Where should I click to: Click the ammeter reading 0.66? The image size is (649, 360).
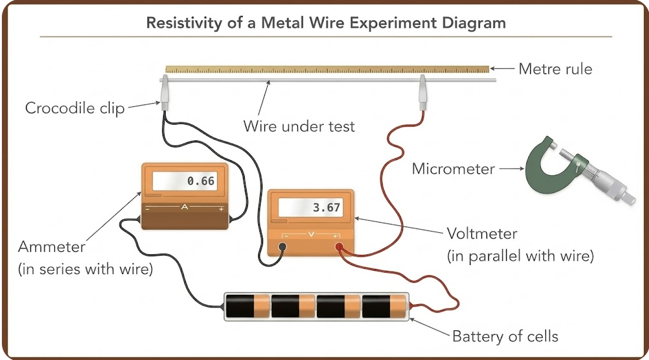201,181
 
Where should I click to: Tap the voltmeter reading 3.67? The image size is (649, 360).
326,208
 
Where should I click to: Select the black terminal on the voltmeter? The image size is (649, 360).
282,247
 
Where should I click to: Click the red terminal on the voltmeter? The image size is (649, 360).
339,247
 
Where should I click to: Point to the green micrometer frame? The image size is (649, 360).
538,174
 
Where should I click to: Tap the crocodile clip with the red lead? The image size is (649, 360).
422,93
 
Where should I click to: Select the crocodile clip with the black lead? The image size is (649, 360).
164,93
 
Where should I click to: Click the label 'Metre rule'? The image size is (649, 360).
555,69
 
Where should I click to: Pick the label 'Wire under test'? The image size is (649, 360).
299,126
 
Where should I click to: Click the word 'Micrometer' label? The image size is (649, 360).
453,169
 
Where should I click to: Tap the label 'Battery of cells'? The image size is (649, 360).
505,337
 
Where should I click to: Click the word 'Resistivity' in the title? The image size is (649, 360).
184,23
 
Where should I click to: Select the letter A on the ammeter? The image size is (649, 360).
185,206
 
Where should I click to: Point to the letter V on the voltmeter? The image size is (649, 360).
311,235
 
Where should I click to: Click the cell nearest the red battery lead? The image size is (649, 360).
384,306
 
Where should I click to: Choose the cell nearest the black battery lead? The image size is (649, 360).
247,306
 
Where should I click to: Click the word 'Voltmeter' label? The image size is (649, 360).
482,234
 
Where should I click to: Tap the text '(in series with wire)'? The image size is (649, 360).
85,270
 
